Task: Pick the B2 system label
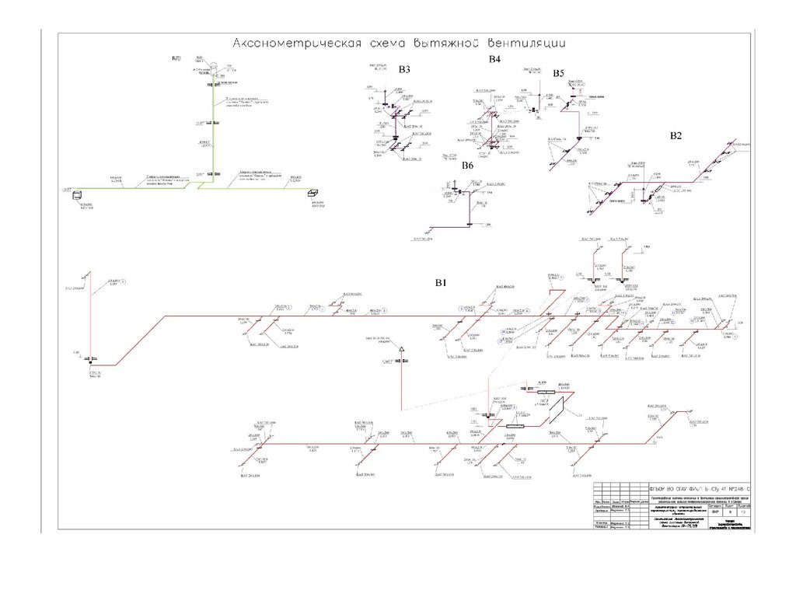[x=676, y=136]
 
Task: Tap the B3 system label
[x=404, y=70]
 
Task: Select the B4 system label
[x=494, y=60]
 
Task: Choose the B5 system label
[x=558, y=73]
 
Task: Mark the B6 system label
[x=467, y=166]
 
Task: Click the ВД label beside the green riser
[x=176, y=59]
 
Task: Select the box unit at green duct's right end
[x=314, y=194]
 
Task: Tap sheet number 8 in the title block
[x=728, y=513]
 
